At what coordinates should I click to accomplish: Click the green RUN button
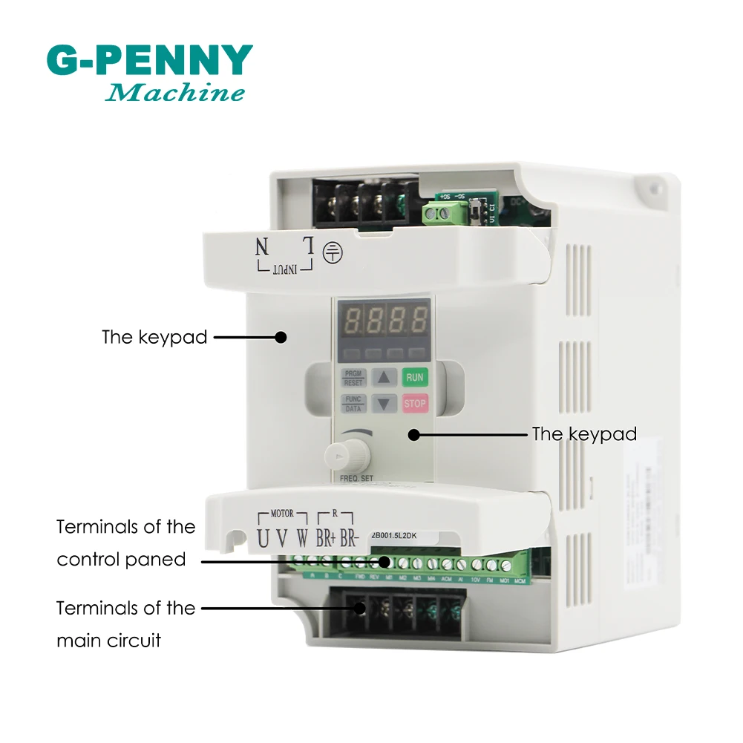pos(415,377)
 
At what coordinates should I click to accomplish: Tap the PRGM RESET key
pos(353,377)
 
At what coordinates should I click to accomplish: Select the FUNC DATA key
pos(353,404)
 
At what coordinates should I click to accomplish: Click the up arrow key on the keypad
pos(384,377)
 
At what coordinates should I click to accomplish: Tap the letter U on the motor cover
pos(264,537)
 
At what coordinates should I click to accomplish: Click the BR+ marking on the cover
pos(324,538)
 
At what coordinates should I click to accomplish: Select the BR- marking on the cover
pos(349,538)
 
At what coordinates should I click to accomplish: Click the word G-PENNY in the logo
pos(149,62)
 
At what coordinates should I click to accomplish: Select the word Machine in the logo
pos(175,93)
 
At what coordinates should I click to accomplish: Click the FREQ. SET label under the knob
pos(357,479)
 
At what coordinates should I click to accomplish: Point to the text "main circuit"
pos(108,640)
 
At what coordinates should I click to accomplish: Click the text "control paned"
pos(121,559)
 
